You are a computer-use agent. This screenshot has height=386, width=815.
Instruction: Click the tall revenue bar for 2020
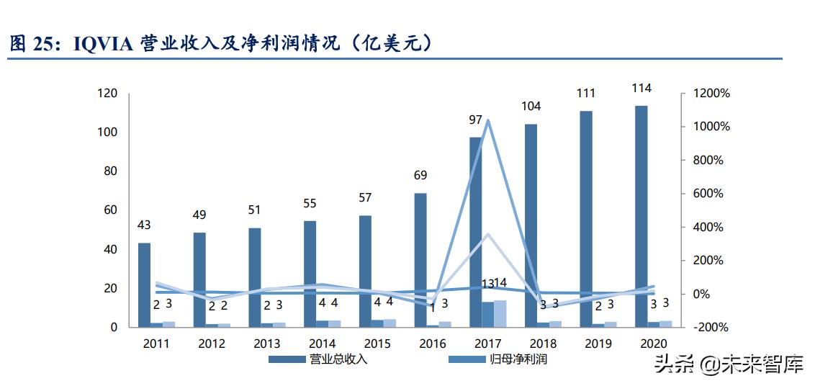(x=641, y=216)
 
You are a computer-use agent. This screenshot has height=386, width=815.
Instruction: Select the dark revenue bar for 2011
(x=145, y=284)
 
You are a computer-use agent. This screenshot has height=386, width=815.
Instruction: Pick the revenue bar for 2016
(x=420, y=259)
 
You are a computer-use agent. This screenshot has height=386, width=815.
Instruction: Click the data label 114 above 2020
(x=641, y=89)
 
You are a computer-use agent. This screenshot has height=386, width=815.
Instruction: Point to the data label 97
(x=476, y=120)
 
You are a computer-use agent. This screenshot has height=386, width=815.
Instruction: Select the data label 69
(x=420, y=176)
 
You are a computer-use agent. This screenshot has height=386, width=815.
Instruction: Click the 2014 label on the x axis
(x=321, y=344)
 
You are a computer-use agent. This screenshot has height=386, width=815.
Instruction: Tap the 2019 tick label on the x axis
(x=597, y=344)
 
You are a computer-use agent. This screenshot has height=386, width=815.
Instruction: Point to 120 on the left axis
(x=107, y=94)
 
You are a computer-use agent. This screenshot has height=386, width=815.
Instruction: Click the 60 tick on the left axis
(x=110, y=210)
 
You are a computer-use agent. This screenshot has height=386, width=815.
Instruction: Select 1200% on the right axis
(x=711, y=94)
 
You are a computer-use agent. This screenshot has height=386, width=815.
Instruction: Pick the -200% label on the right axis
(x=711, y=327)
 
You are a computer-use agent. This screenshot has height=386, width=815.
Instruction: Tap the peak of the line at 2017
(x=487, y=120)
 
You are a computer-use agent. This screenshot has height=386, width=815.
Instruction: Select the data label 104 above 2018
(x=531, y=107)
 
